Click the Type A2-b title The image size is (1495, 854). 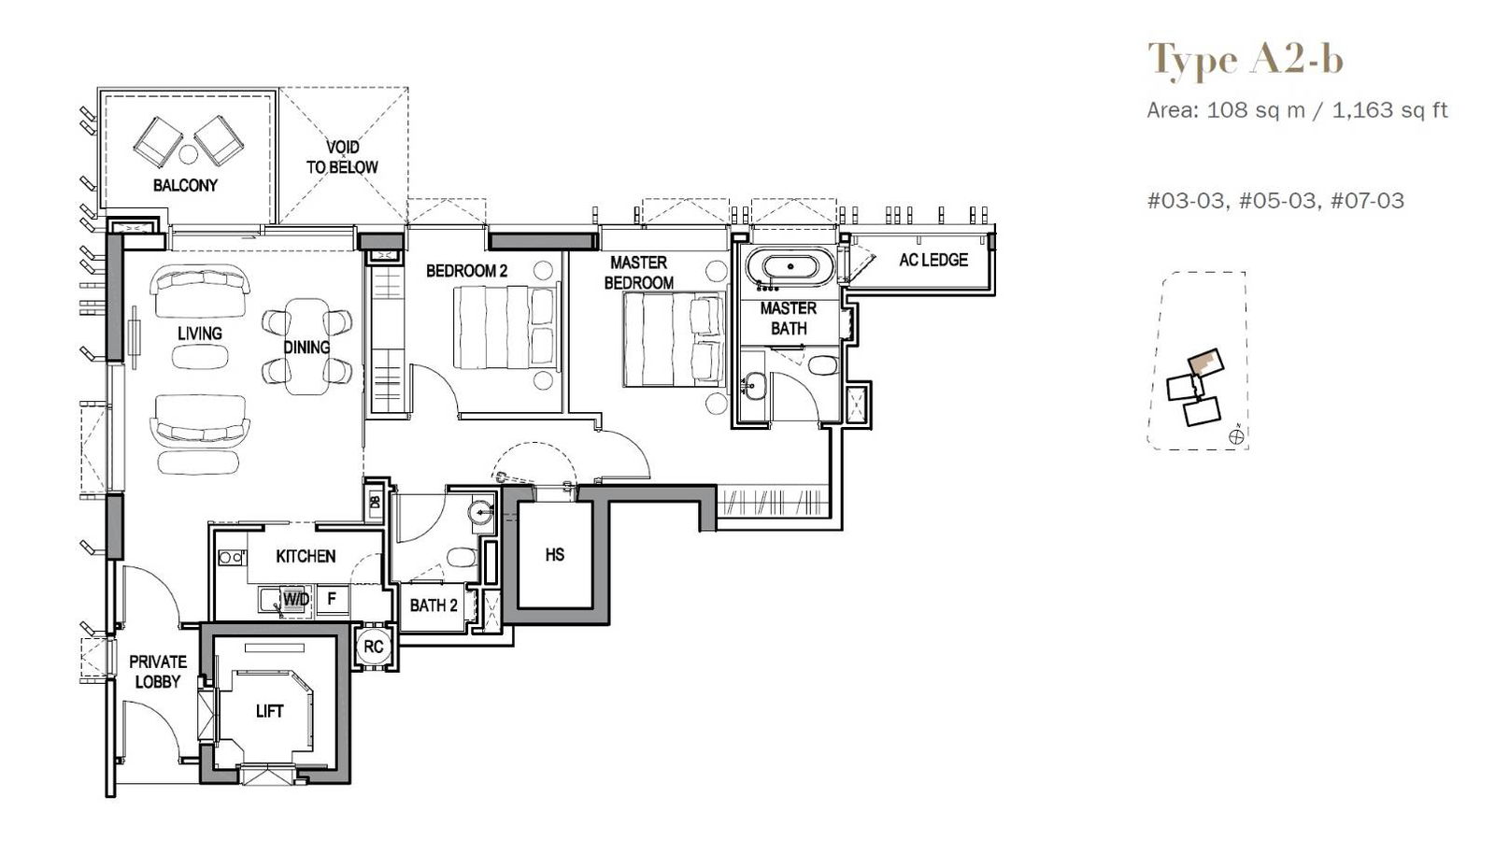click(1246, 60)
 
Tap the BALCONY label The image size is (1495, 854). click(186, 186)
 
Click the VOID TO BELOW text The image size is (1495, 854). click(342, 158)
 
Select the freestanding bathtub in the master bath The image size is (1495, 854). click(790, 267)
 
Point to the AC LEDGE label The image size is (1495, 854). click(933, 260)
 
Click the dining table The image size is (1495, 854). click(307, 347)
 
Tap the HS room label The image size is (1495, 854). click(555, 554)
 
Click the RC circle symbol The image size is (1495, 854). click(374, 647)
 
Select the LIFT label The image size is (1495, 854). click(270, 712)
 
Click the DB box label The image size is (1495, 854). click(375, 502)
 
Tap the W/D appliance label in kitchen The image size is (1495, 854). click(295, 599)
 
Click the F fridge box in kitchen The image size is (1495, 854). click(332, 599)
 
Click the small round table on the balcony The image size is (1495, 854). click(188, 155)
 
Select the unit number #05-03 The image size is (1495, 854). click(1276, 201)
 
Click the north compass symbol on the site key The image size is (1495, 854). click(1236, 436)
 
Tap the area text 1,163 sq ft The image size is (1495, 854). click(1389, 110)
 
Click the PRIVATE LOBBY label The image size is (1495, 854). click(158, 672)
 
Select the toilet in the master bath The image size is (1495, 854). click(823, 365)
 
